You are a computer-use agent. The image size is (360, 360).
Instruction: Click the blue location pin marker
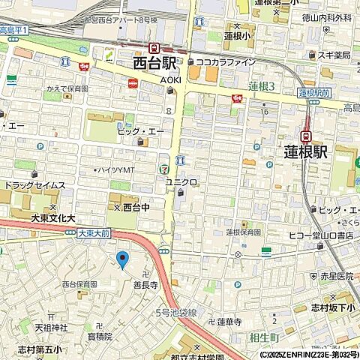click(x=122, y=259)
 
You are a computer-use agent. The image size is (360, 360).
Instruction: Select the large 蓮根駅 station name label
click(x=306, y=151)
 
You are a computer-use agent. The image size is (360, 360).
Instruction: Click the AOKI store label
click(x=171, y=79)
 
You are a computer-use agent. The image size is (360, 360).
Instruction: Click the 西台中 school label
click(x=137, y=205)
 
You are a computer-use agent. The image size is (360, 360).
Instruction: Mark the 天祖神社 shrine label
click(x=51, y=327)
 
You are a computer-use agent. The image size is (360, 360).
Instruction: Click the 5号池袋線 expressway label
click(x=175, y=311)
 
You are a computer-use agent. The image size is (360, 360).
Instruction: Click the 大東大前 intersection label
click(x=94, y=233)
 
